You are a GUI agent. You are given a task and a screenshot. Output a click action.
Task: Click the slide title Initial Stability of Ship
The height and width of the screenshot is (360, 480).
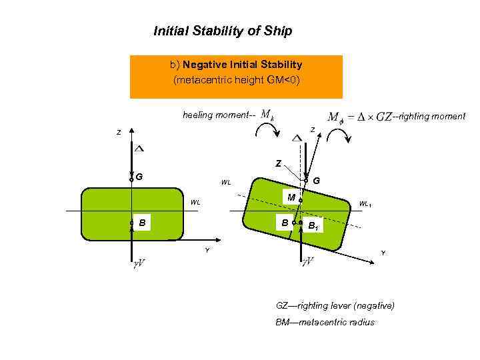(223, 31)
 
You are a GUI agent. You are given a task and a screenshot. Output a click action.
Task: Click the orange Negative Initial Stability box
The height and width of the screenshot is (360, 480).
(236, 73)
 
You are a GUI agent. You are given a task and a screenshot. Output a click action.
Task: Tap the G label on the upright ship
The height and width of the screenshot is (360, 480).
(139, 177)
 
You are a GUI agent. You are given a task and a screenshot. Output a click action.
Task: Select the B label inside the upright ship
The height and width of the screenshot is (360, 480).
(143, 223)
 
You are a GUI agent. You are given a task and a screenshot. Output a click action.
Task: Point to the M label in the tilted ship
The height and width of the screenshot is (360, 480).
(291, 197)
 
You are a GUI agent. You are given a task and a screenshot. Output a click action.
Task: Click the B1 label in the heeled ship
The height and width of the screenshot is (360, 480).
(312, 226)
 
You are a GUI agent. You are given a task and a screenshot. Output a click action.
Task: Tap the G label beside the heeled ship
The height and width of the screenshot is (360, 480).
(316, 180)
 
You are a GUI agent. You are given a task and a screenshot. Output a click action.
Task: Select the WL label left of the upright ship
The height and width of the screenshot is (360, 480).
(195, 202)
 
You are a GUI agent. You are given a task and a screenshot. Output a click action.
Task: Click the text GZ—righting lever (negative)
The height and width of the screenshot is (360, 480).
(335, 305)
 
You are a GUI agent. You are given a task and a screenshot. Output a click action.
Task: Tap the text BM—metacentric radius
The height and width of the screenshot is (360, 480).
(325, 323)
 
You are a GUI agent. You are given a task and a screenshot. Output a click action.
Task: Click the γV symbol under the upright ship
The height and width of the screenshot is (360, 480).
(139, 262)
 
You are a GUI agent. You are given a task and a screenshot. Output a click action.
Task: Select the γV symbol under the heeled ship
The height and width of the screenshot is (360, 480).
(308, 262)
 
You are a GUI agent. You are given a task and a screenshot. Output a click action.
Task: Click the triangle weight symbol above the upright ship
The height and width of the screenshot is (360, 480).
(139, 147)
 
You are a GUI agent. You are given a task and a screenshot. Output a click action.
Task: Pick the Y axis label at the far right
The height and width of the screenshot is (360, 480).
(383, 253)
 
